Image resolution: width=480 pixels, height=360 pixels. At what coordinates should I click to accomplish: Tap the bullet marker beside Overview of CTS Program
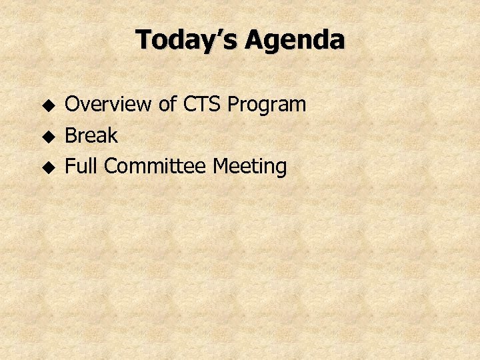(47, 105)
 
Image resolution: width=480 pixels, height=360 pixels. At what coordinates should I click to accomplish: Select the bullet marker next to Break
(47, 137)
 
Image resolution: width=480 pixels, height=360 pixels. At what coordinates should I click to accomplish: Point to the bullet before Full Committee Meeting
(47, 167)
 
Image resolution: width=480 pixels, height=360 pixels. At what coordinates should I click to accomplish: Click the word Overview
(108, 105)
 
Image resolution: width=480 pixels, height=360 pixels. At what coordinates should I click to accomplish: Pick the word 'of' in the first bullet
(167, 105)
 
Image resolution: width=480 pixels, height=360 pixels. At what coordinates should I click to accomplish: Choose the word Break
(91, 136)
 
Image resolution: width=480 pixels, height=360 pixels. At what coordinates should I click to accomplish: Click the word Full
(82, 167)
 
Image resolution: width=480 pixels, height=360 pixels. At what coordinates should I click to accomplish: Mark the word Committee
(155, 167)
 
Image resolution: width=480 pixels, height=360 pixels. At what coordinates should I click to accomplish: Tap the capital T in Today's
(143, 40)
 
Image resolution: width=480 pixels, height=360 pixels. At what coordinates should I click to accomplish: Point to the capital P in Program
(233, 105)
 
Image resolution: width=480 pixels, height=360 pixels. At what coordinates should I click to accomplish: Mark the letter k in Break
(112, 136)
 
